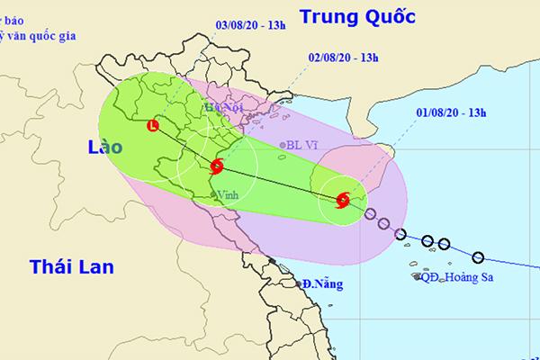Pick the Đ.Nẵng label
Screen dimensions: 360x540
point(319,283)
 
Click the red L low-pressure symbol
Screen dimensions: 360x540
point(152,126)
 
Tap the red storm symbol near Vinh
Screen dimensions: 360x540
point(218,166)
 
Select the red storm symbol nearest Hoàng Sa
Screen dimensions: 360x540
point(343,201)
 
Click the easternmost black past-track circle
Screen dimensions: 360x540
point(478,256)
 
